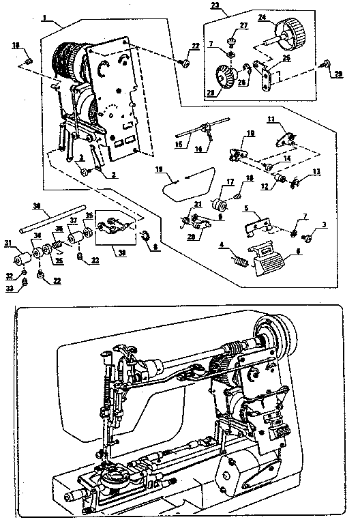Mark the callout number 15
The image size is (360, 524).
click(x=179, y=145)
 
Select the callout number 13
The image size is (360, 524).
click(x=316, y=172)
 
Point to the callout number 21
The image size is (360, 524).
click(x=198, y=205)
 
